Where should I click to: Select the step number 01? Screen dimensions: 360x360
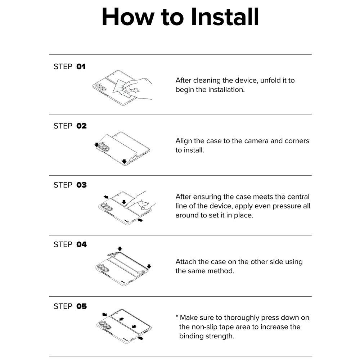pos(81,67)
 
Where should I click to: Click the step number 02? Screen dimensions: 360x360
pos(81,126)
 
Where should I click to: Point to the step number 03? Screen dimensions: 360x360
pos(81,185)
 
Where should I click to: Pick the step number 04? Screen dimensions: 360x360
pos(81,244)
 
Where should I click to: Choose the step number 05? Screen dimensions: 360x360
pos(81,306)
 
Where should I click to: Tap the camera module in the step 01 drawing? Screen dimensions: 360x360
pos(101,87)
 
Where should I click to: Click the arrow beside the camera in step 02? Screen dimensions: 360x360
pos(96,145)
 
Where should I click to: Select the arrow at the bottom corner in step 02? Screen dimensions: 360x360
pos(124,161)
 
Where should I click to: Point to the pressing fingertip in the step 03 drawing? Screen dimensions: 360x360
pos(126,207)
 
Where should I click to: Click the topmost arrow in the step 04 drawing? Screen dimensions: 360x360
pos(120,249)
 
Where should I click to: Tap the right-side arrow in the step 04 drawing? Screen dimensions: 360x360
pos(149,266)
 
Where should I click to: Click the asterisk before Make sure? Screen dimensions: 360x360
pos(177,316)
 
